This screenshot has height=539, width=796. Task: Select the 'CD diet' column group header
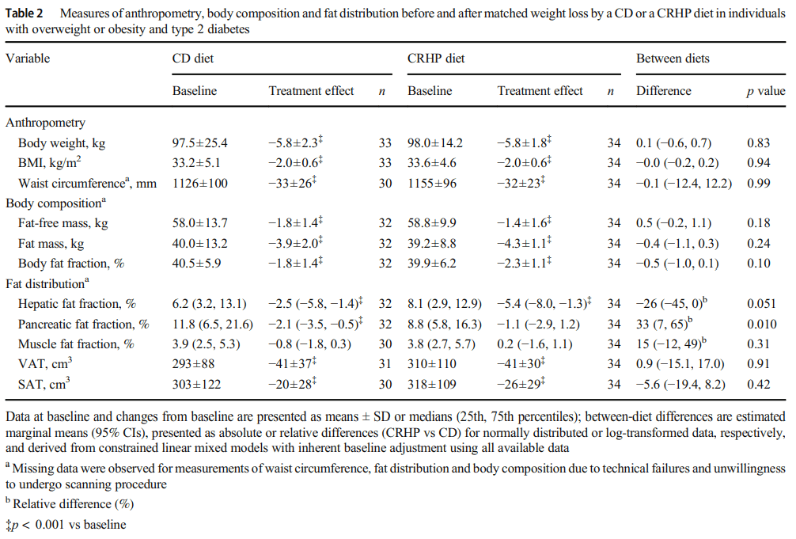tap(192, 59)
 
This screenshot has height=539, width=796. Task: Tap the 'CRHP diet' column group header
tap(436, 59)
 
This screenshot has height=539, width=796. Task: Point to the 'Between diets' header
tap(673, 59)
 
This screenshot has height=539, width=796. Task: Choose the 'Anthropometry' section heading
tap(45, 123)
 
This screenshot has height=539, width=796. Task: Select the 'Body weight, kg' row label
tap(62, 143)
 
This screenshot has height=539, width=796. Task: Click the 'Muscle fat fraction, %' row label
tap(76, 344)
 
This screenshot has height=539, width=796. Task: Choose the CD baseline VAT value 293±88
tap(195, 364)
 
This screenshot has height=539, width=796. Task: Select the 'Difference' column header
tap(663, 91)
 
